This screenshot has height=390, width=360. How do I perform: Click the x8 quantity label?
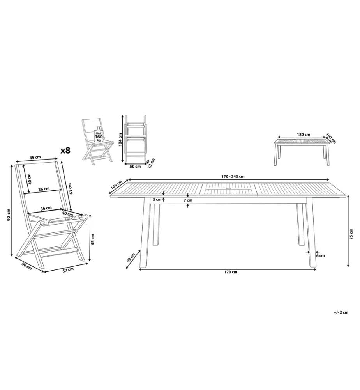66,150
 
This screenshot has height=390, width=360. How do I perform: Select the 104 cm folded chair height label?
120,140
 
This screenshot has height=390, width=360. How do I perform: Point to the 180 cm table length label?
304,135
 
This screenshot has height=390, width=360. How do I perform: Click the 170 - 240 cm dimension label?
233,176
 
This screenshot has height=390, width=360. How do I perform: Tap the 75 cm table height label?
351,234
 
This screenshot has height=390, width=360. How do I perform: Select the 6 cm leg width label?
320,255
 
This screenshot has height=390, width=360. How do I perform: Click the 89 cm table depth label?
131,257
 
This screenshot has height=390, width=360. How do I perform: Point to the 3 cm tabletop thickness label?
157,199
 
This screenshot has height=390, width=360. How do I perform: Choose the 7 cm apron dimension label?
188,200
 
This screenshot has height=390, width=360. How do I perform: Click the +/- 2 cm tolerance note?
341,312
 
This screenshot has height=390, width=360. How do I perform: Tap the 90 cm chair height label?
9,214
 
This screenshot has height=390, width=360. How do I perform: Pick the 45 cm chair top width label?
35,157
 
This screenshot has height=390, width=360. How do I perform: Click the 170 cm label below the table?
231,272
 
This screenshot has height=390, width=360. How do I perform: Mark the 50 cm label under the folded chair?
135,167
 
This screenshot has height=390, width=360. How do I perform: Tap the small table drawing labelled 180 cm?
302,152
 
